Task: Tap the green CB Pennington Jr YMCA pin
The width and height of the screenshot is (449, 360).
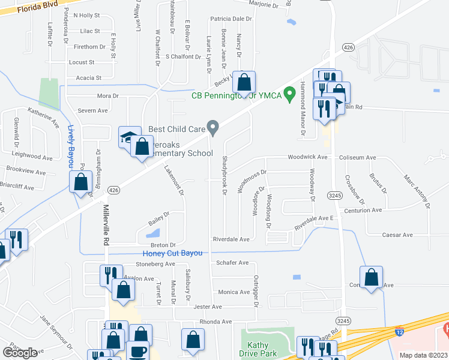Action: click(x=289, y=94)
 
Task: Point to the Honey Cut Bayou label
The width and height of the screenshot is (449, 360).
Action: click(x=172, y=253)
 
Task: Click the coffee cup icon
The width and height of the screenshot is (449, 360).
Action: click(x=139, y=352)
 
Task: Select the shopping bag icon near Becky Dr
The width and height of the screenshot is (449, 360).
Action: click(x=244, y=82)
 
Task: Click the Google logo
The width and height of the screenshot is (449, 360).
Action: click(x=20, y=352)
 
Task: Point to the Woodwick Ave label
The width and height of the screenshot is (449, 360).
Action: click(x=307, y=157)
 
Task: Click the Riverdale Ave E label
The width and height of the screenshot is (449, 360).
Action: click(x=313, y=222)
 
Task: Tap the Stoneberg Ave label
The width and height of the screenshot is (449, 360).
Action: click(x=155, y=263)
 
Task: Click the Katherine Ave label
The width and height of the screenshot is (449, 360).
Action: click(x=44, y=117)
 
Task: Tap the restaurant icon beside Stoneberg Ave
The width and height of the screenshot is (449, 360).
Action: click(x=109, y=274)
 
